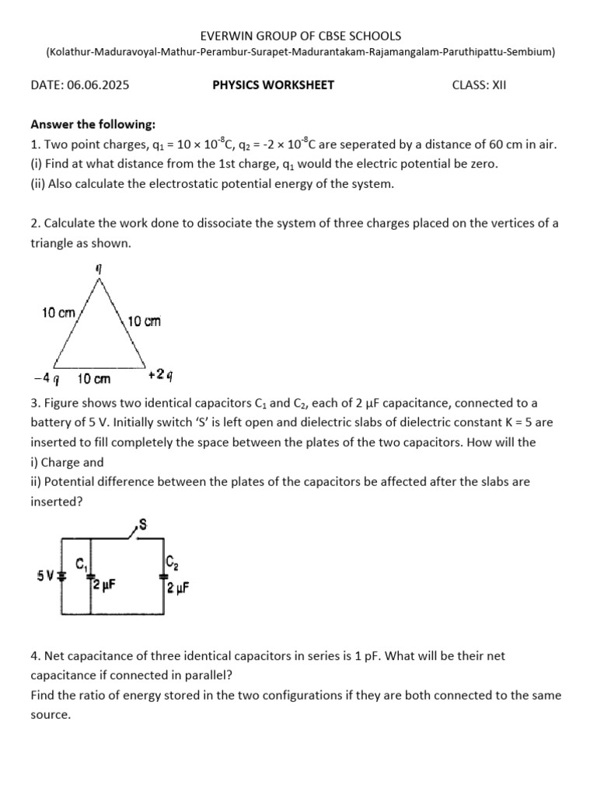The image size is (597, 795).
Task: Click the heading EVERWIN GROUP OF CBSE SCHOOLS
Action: click(x=300, y=36)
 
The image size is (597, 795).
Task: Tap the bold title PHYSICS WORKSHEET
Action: click(x=274, y=85)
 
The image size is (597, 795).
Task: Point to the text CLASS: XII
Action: click(x=479, y=85)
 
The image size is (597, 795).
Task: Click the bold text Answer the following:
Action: click(x=93, y=124)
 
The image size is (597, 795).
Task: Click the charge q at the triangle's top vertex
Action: click(x=99, y=268)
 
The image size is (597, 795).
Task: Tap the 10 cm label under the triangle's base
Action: click(x=94, y=379)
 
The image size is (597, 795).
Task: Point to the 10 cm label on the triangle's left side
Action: click(x=58, y=313)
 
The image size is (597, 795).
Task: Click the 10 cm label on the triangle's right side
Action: click(x=145, y=321)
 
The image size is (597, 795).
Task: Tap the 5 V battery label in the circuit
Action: click(x=45, y=576)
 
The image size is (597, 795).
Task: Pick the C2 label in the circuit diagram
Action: click(x=173, y=561)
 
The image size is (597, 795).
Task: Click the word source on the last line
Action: click(x=51, y=714)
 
